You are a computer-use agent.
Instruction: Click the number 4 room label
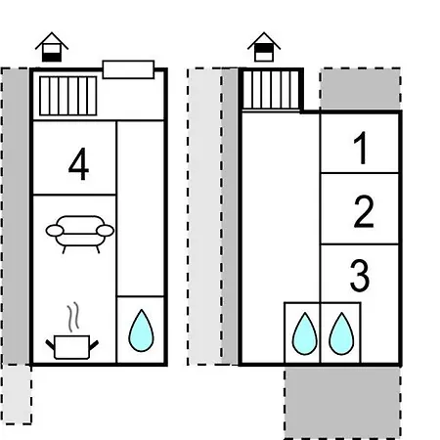79,164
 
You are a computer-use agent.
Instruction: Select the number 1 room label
361,148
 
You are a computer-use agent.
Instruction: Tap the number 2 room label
364,211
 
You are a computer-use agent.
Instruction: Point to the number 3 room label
360,275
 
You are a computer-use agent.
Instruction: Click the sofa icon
80,234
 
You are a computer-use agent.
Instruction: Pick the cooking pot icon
71,347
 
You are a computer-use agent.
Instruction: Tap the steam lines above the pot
73,316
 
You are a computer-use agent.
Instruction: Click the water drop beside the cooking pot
141,330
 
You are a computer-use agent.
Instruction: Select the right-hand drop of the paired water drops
341,333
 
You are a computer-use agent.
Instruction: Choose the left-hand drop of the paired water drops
305,333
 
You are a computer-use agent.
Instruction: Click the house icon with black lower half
52,47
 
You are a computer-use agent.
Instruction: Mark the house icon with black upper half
264,47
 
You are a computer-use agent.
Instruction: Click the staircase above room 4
68,96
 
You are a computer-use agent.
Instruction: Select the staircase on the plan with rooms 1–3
271,90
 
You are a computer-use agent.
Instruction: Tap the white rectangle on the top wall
128,69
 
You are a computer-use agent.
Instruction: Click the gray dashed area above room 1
360,89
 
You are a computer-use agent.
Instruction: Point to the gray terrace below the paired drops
342,403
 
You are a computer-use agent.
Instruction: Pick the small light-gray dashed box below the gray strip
17,394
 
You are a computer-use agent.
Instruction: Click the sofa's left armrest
55,231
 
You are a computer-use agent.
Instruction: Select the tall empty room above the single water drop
140,208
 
